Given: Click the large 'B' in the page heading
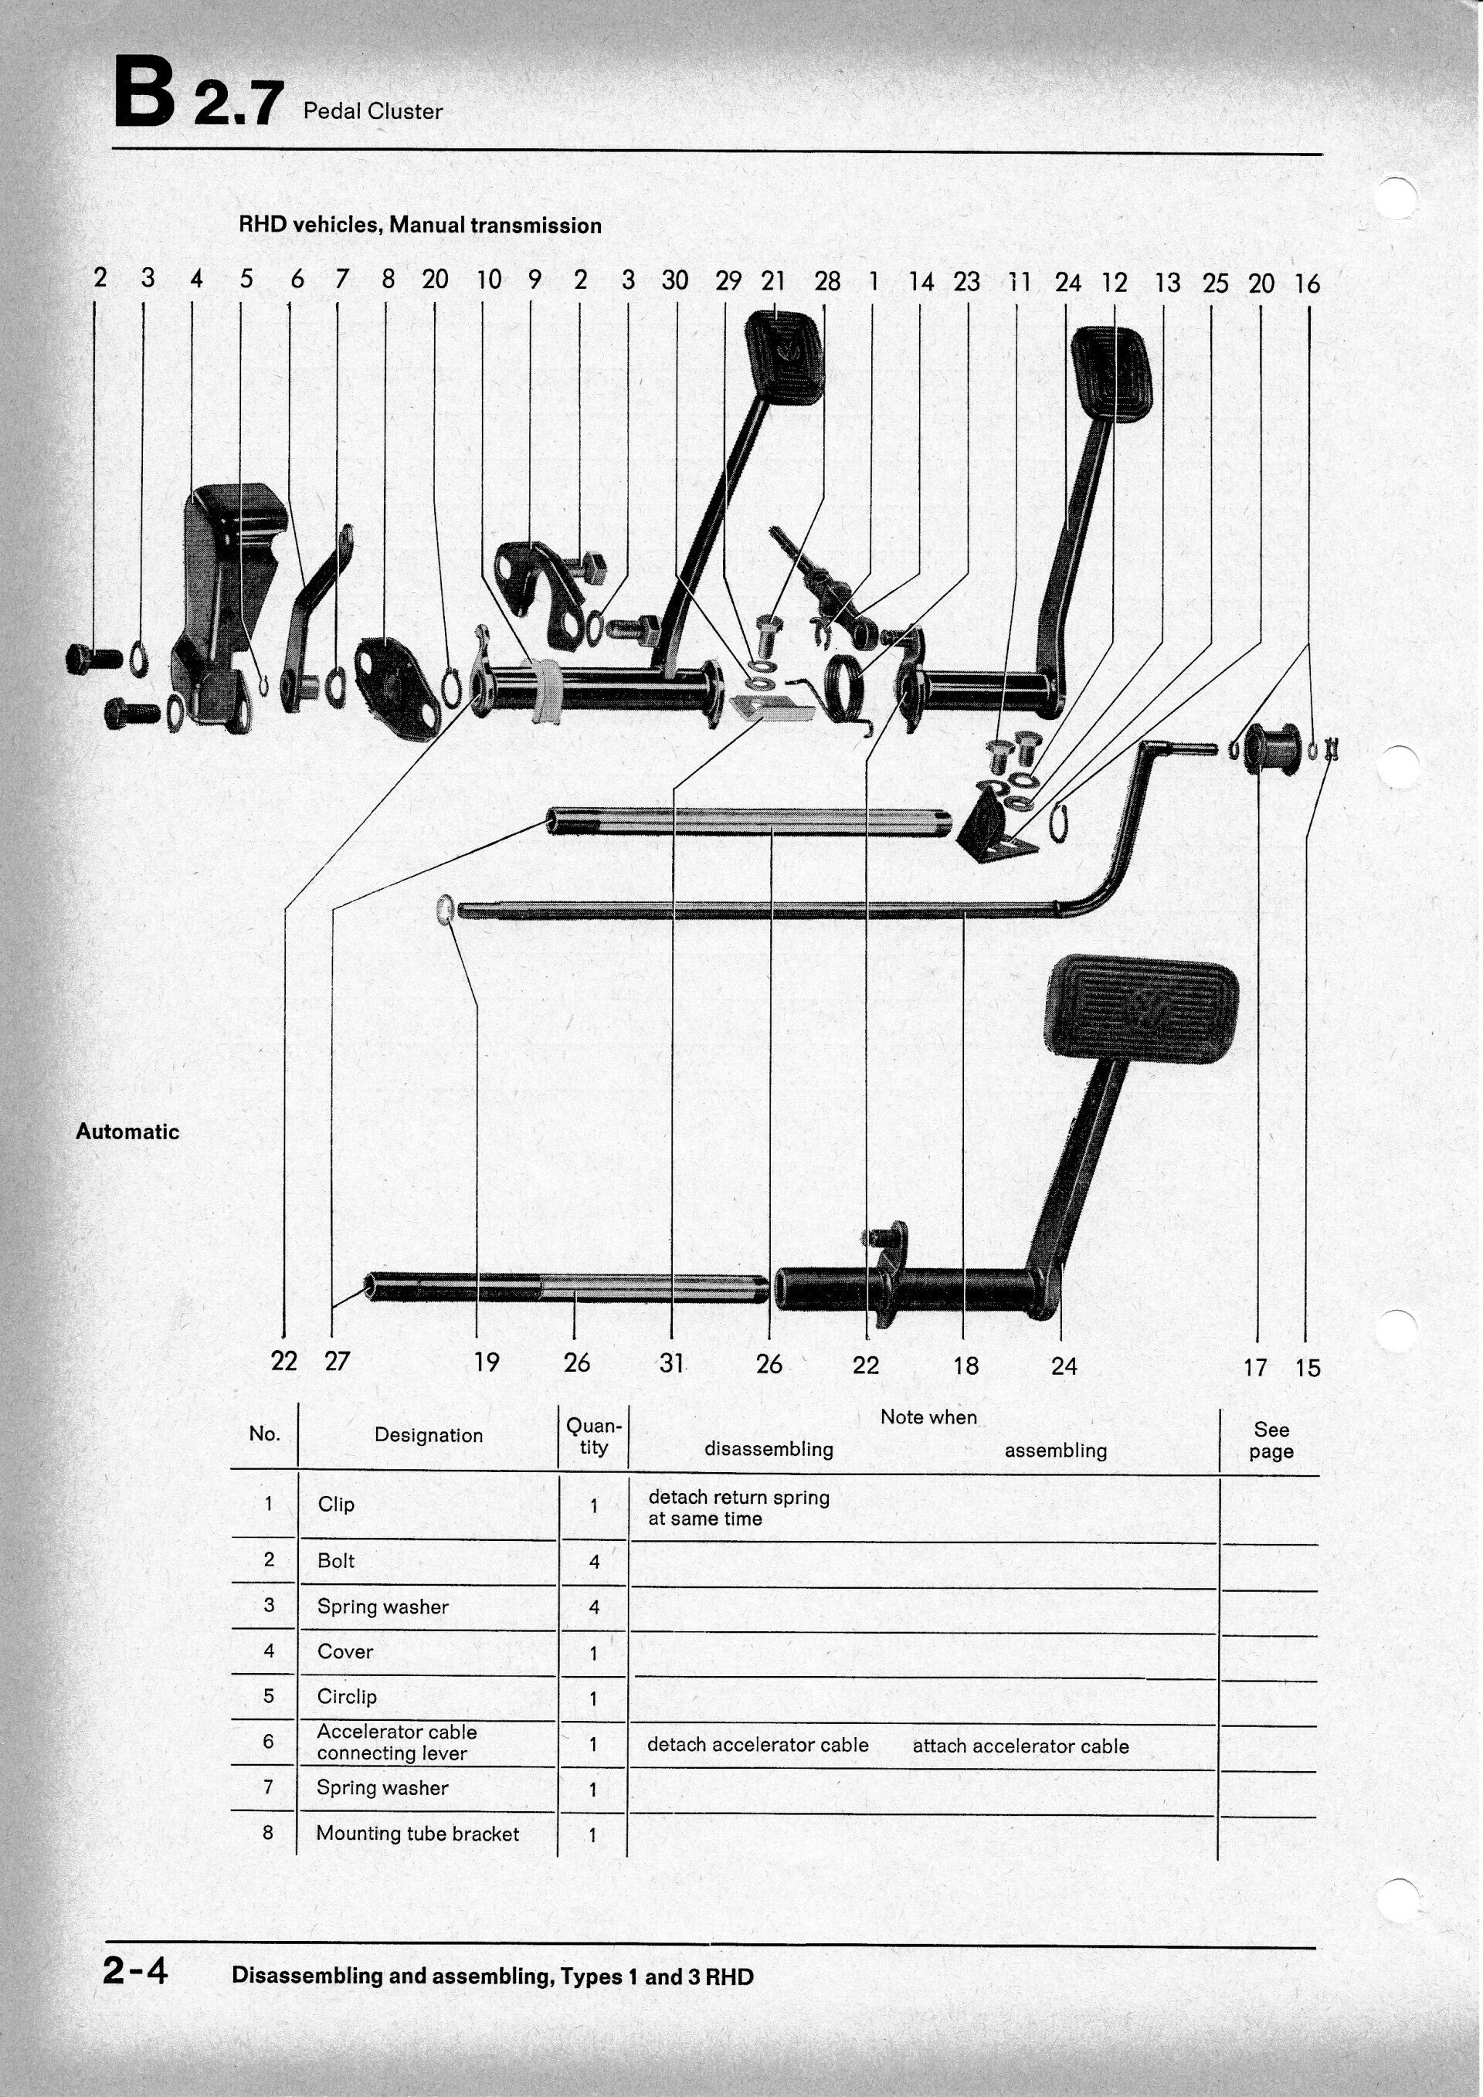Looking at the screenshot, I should coord(144,92).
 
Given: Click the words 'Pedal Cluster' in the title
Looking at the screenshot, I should coord(372,111).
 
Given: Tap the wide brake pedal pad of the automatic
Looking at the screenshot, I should coord(1142,1005).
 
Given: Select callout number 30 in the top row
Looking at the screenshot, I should coord(675,280).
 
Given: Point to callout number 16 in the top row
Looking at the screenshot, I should coord(1307,284).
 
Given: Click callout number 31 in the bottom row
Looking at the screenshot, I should coord(671,1363).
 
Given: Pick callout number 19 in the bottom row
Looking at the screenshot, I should coord(486,1362).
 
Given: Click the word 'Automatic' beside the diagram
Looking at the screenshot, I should coord(127,1132).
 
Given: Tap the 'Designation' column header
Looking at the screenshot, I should coord(428,1435).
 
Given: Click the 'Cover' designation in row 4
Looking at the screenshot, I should coord(345,1651).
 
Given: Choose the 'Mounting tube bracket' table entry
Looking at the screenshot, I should coord(417,1833).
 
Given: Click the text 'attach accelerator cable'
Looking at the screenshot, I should coord(1020,1746).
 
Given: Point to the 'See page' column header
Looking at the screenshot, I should coord(1271,1440).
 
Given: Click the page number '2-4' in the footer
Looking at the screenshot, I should coord(135,1970).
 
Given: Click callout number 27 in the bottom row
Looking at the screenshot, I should coord(337,1362).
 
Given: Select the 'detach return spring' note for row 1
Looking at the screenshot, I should coord(738,1508).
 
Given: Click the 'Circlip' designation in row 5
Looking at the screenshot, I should coord(347,1696).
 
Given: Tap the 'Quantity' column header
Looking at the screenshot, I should coord(593,1436).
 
